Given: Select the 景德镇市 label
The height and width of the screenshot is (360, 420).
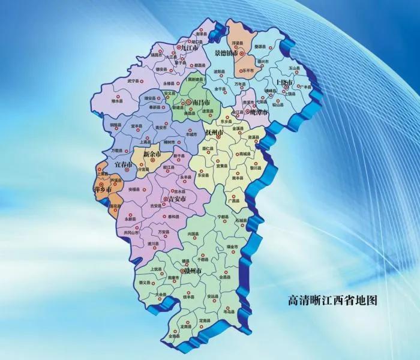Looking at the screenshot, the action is tap(231, 53).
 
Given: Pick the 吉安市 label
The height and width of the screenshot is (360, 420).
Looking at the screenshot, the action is tap(176, 199).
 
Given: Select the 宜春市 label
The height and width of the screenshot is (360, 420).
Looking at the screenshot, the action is tap(121, 164).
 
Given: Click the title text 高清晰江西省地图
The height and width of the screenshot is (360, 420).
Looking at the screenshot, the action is tap(333, 300).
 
